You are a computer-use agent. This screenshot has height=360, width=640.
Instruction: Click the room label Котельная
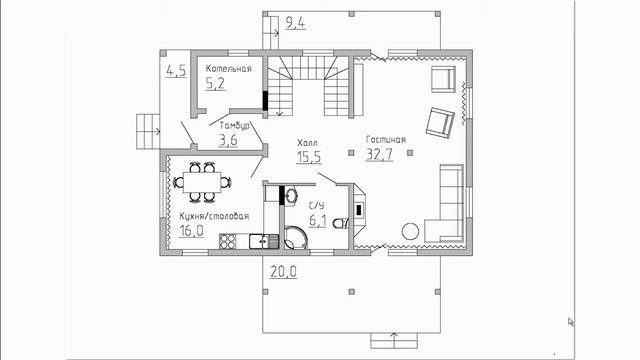point(229,69)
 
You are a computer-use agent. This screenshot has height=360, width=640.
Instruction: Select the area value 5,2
point(215,84)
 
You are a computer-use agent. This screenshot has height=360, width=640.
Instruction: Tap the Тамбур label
point(235,126)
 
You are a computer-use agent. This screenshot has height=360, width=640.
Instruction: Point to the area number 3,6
point(228,140)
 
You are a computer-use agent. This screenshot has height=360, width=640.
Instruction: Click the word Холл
point(307,143)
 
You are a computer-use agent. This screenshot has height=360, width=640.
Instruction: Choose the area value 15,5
point(309,157)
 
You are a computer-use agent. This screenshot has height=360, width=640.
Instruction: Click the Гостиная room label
point(386,140)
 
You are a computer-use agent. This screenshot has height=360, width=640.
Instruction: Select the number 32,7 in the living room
point(379,154)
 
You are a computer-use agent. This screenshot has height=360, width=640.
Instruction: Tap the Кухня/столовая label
point(214,216)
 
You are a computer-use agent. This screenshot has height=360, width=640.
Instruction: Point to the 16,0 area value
point(191,231)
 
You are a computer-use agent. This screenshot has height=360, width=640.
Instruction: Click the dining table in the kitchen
point(202,182)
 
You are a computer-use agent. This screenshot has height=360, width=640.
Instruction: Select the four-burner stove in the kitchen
point(228,241)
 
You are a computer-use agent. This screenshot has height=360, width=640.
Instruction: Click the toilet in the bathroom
point(340,223)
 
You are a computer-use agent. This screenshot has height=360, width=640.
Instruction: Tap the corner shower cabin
point(296,238)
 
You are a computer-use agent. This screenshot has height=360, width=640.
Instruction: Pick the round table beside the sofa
point(410,231)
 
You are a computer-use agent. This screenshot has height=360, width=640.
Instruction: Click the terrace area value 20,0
point(284,271)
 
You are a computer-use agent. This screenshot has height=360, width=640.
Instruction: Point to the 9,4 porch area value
point(295,23)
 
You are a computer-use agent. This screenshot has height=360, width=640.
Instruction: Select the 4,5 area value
point(176,71)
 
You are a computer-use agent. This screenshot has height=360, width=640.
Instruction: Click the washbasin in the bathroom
point(291,195)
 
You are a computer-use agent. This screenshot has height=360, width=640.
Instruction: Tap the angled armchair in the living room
point(440,122)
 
